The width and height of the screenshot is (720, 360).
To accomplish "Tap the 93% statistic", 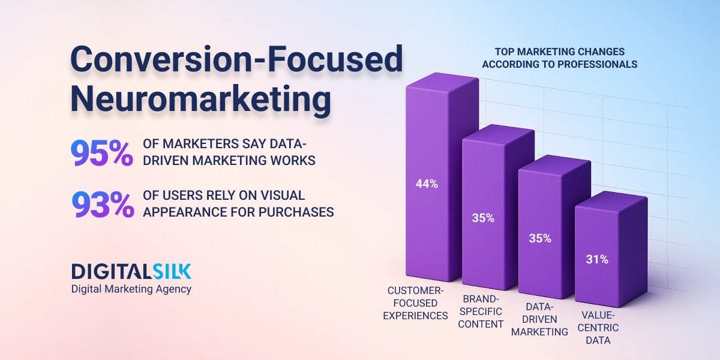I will [103, 204].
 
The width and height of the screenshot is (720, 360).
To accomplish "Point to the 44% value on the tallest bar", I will [427, 184].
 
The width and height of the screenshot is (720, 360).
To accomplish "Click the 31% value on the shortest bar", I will [597, 260].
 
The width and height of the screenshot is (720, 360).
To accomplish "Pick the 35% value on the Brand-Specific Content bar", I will [482, 218].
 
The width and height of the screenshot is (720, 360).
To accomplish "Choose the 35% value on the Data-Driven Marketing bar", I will [539, 238].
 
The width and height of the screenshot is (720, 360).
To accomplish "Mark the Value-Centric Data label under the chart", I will [598, 328].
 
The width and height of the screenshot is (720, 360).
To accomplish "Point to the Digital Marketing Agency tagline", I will [131, 289].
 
